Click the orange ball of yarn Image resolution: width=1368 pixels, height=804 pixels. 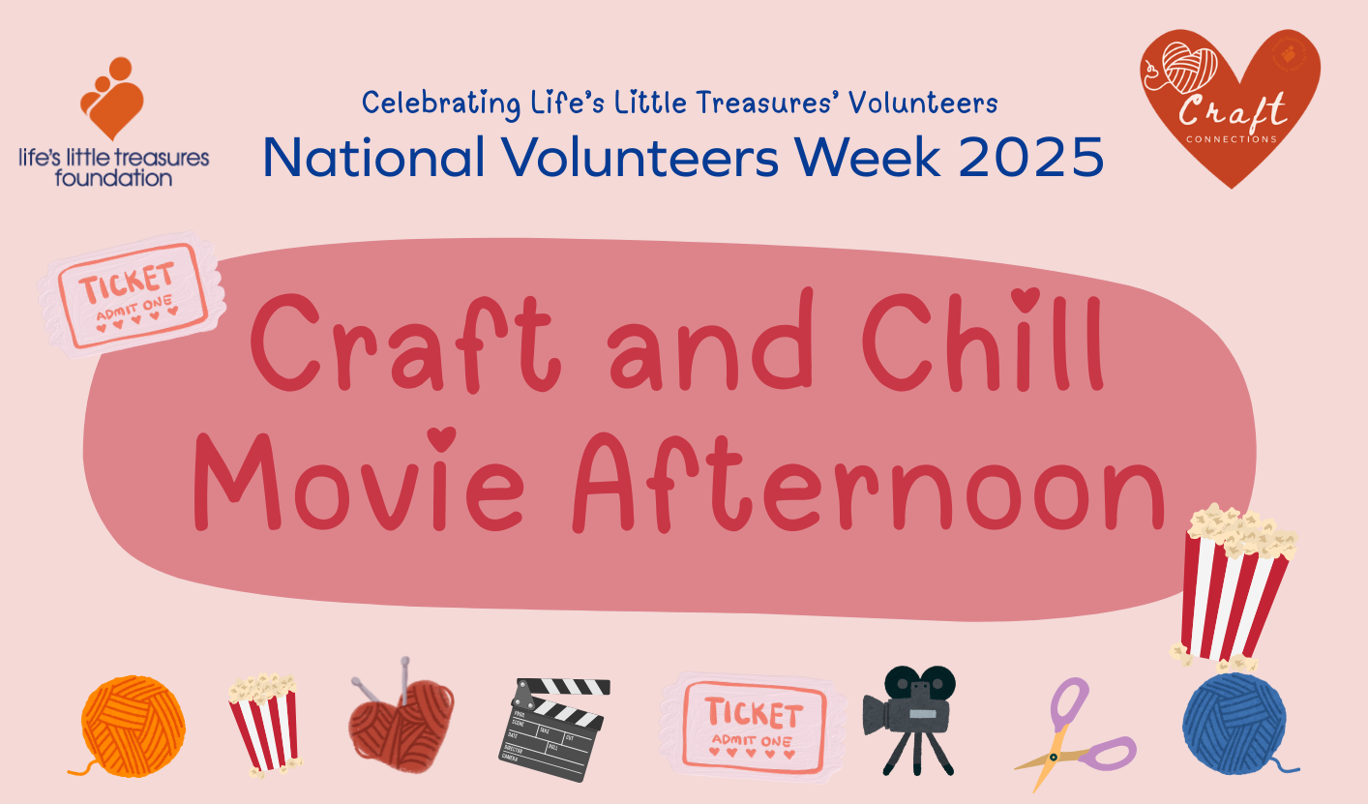(132, 727)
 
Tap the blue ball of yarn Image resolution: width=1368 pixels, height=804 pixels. (1235, 723)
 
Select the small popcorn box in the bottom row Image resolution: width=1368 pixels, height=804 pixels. (263, 724)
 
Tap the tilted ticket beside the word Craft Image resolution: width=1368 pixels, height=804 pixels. (132, 292)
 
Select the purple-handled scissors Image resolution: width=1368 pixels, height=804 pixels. (1077, 737)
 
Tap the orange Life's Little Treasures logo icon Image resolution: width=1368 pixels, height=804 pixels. (112, 100)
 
